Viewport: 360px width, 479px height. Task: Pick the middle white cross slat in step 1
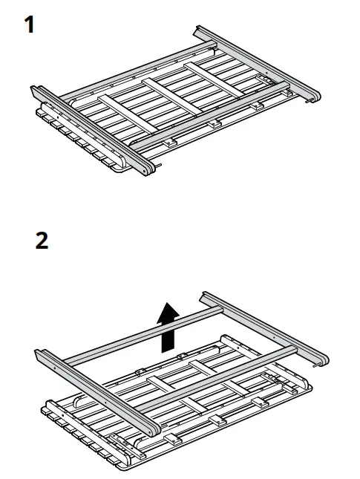pyautogui.click(x=171, y=93)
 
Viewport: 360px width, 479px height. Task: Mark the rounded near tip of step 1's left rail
pyautogui.click(x=151, y=169)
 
